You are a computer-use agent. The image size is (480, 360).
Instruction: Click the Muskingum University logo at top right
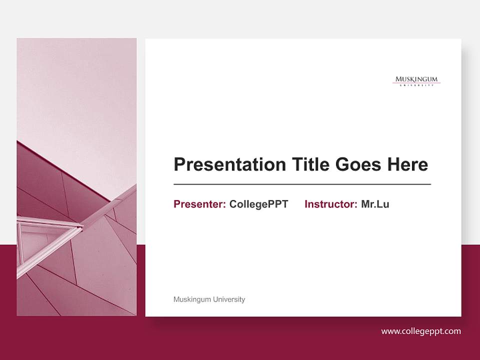[416, 81]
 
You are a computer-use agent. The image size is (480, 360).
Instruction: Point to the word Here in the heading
[407, 164]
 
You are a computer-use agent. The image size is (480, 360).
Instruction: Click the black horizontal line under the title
[302, 184]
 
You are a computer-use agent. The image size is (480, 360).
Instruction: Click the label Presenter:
[199, 204]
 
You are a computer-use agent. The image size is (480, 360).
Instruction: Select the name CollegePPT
[258, 204]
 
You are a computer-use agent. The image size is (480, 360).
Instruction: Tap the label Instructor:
[330, 204]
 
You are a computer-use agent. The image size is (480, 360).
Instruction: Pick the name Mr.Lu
[375, 204]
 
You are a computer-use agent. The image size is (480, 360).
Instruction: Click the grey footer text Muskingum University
[209, 299]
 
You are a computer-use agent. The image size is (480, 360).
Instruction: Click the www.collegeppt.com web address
[421, 331]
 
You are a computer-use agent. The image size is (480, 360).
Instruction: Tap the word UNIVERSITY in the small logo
[416, 85]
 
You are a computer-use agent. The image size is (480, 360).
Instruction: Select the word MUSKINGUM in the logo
[416, 79]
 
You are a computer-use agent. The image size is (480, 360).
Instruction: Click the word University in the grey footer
[229, 299]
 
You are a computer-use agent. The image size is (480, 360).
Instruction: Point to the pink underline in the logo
[416, 83]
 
